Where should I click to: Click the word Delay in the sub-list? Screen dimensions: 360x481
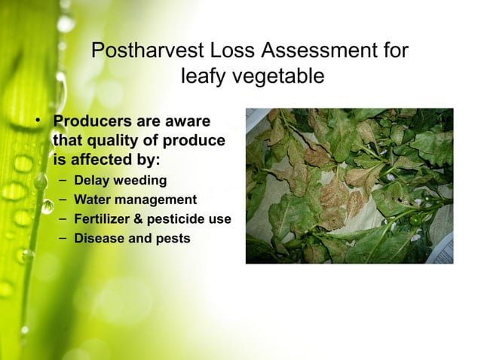click(90, 181)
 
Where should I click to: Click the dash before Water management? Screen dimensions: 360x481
click(60, 200)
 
